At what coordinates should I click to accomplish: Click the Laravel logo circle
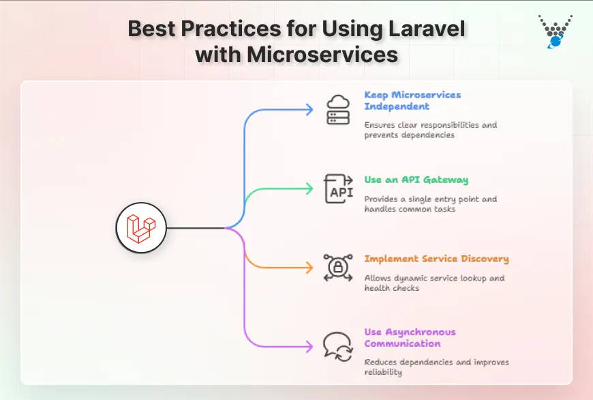142,228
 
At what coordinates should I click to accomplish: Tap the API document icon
338,189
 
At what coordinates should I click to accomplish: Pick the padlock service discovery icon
338,268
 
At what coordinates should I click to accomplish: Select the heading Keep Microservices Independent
412,100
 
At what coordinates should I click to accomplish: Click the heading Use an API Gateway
416,180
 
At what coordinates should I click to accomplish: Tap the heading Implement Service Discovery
436,259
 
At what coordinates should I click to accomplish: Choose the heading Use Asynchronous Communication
410,337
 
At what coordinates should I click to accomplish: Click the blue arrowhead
309,110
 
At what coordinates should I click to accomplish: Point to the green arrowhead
309,189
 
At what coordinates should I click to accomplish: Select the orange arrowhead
309,268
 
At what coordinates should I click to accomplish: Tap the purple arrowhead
309,346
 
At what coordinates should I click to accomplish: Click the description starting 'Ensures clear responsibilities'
431,130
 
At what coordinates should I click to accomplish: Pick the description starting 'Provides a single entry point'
431,204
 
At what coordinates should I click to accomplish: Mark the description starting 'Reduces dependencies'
436,367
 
